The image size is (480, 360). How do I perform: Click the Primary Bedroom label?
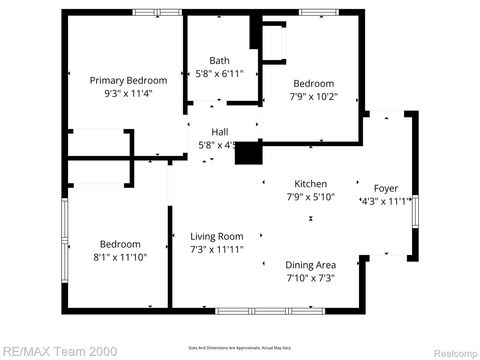click(128, 80)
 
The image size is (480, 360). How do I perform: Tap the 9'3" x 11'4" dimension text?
click(128, 94)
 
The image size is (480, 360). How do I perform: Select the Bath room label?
click(219, 61)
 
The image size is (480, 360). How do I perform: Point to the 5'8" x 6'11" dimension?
click(219, 74)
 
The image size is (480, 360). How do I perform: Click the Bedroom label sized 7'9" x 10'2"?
click(313, 83)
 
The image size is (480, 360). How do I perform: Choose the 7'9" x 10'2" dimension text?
click(313, 97)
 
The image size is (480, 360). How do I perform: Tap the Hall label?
click(219, 132)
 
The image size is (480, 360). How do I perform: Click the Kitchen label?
click(310, 183)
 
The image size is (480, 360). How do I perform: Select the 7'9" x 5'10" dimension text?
click(310, 197)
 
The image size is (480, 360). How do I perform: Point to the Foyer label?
click(385, 188)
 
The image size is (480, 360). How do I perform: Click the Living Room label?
click(217, 236)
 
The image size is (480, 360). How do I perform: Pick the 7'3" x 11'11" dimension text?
click(217, 250)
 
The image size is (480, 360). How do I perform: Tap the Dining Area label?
click(310, 264)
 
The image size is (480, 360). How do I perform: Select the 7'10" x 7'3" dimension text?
click(310, 277)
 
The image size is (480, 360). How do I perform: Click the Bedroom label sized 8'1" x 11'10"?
click(120, 243)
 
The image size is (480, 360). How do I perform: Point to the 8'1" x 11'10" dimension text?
click(120, 257)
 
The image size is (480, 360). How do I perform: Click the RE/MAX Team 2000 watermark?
click(60, 351)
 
